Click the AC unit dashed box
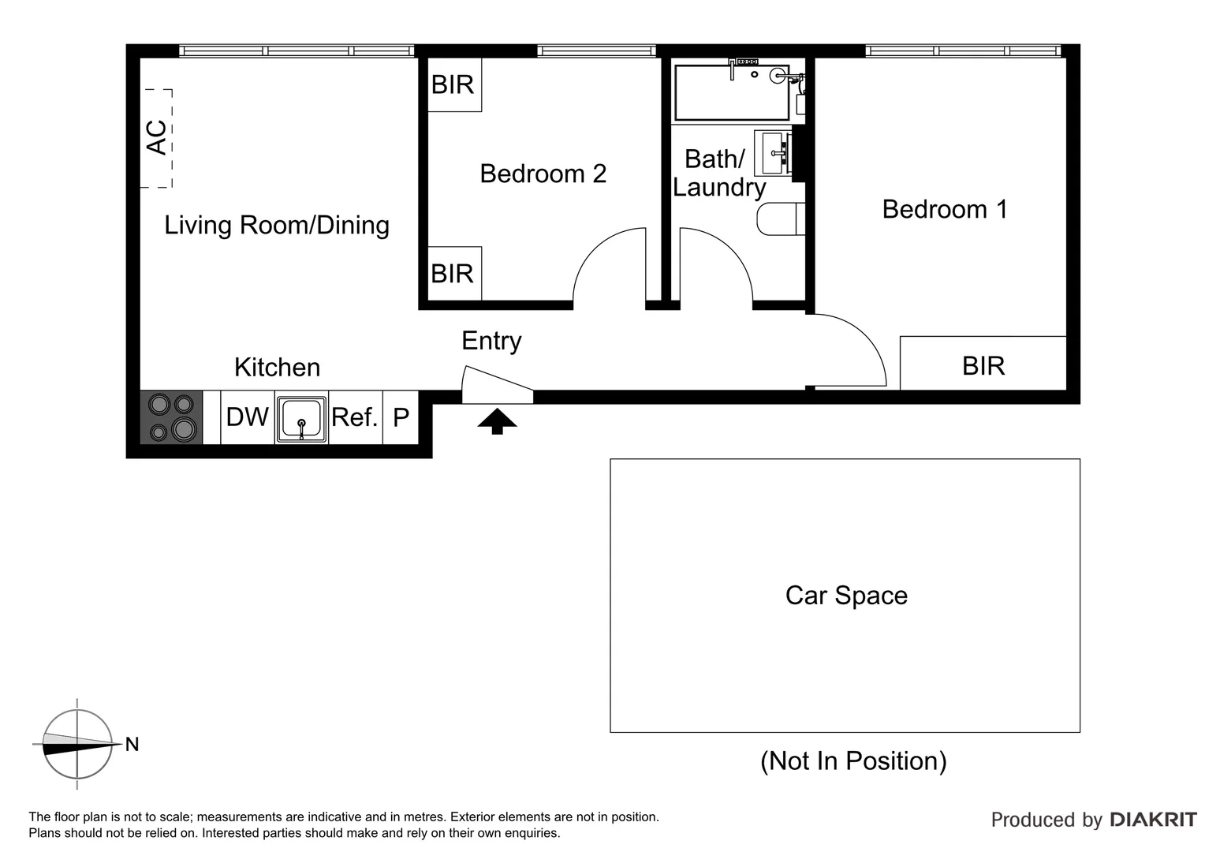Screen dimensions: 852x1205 (x=157, y=138)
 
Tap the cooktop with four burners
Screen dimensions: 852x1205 (x=172, y=417)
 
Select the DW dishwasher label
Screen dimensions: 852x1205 (x=247, y=417)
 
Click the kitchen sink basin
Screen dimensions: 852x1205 (x=301, y=418)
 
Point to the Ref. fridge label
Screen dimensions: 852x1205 (x=354, y=417)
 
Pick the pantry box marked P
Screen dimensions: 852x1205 (x=401, y=417)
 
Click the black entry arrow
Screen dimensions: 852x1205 (x=497, y=421)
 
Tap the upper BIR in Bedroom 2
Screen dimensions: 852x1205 (x=453, y=84)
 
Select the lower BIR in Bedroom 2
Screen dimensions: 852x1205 (x=453, y=274)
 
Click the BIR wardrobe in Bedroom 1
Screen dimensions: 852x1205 (x=983, y=365)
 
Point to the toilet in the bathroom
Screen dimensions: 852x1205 (x=779, y=219)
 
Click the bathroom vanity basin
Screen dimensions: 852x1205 (x=774, y=153)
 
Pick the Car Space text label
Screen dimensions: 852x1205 (x=845, y=595)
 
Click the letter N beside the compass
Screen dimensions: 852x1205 (x=132, y=744)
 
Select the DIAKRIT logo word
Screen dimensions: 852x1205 (x=1153, y=820)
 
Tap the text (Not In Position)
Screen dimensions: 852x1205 (x=852, y=760)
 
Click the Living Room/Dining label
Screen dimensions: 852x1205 (x=276, y=225)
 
